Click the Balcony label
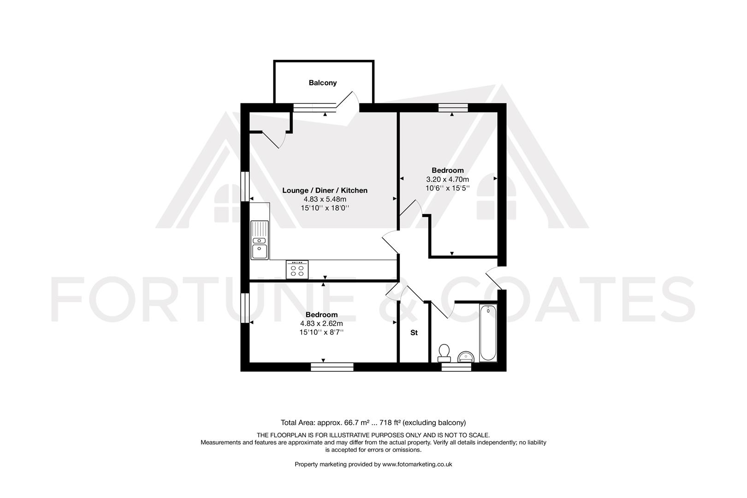click(323, 83)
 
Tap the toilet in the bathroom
click(445, 352)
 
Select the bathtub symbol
click(488, 333)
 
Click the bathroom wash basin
click(465, 357)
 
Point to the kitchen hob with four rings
click(297, 269)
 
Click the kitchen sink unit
click(260, 240)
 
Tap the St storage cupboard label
click(414, 332)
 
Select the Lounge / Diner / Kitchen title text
click(325, 190)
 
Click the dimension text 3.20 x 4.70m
click(447, 179)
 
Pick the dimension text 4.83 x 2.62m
click(321, 323)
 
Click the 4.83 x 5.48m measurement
click(325, 199)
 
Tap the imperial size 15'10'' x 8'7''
click(321, 332)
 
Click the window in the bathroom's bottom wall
click(456, 367)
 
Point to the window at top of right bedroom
click(453, 108)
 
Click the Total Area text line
click(373, 422)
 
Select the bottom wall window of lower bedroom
click(332, 367)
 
